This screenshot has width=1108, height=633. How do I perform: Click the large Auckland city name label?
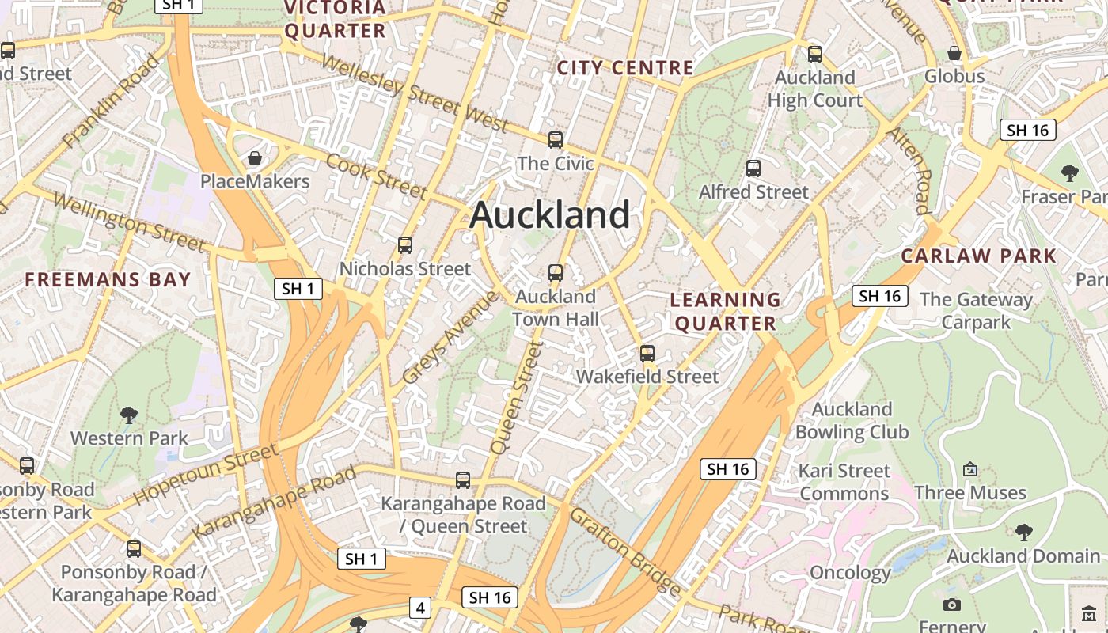pyautogui.click(x=550, y=215)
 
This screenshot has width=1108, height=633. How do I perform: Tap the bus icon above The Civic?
pyautogui.click(x=556, y=140)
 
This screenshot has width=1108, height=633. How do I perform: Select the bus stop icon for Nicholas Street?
pyautogui.click(x=405, y=245)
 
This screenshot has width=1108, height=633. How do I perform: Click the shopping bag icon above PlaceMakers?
pyautogui.click(x=255, y=159)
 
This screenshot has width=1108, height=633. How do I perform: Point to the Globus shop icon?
pyautogui.click(x=954, y=53)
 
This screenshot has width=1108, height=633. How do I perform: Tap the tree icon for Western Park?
pyautogui.click(x=129, y=415)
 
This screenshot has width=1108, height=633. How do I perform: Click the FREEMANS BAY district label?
pyautogui.click(x=108, y=279)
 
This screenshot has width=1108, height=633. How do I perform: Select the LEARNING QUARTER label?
pyautogui.click(x=725, y=311)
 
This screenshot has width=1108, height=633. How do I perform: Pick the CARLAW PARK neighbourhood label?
pyautogui.click(x=978, y=256)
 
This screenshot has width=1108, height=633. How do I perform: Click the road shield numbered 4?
pyautogui.click(x=420, y=608)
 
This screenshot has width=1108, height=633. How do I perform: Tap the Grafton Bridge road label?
pyautogui.click(x=624, y=552)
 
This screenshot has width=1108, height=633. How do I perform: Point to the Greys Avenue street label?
pyautogui.click(x=450, y=338)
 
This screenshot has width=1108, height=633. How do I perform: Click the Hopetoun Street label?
pyautogui.click(x=206, y=474)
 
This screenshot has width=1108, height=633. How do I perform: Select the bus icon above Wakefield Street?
pyautogui.click(x=647, y=354)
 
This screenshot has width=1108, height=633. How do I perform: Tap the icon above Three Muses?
pyautogui.click(x=970, y=469)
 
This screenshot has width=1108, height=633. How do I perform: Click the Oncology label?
pyautogui.click(x=850, y=573)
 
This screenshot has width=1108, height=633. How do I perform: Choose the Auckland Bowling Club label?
pyautogui.click(x=852, y=420)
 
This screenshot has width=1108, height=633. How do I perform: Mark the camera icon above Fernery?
pyautogui.click(x=952, y=605)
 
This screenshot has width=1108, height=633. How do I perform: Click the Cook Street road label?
pyautogui.click(x=377, y=176)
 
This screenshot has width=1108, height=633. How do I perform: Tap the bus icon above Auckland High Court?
pyautogui.click(x=815, y=55)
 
